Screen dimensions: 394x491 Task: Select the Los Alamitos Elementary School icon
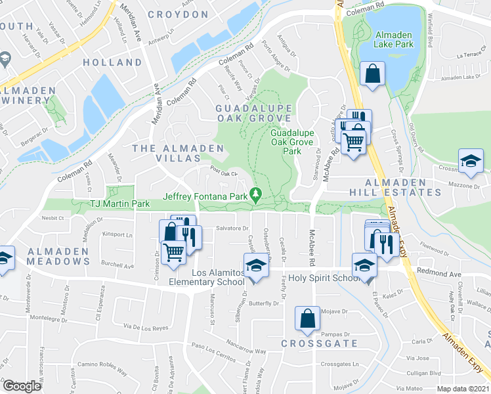[256, 266]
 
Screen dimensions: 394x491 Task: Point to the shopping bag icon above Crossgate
[307, 319]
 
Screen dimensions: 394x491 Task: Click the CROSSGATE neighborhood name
[319, 343]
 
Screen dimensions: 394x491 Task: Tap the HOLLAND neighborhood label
[112, 62]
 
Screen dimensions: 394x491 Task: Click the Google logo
[22, 386]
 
